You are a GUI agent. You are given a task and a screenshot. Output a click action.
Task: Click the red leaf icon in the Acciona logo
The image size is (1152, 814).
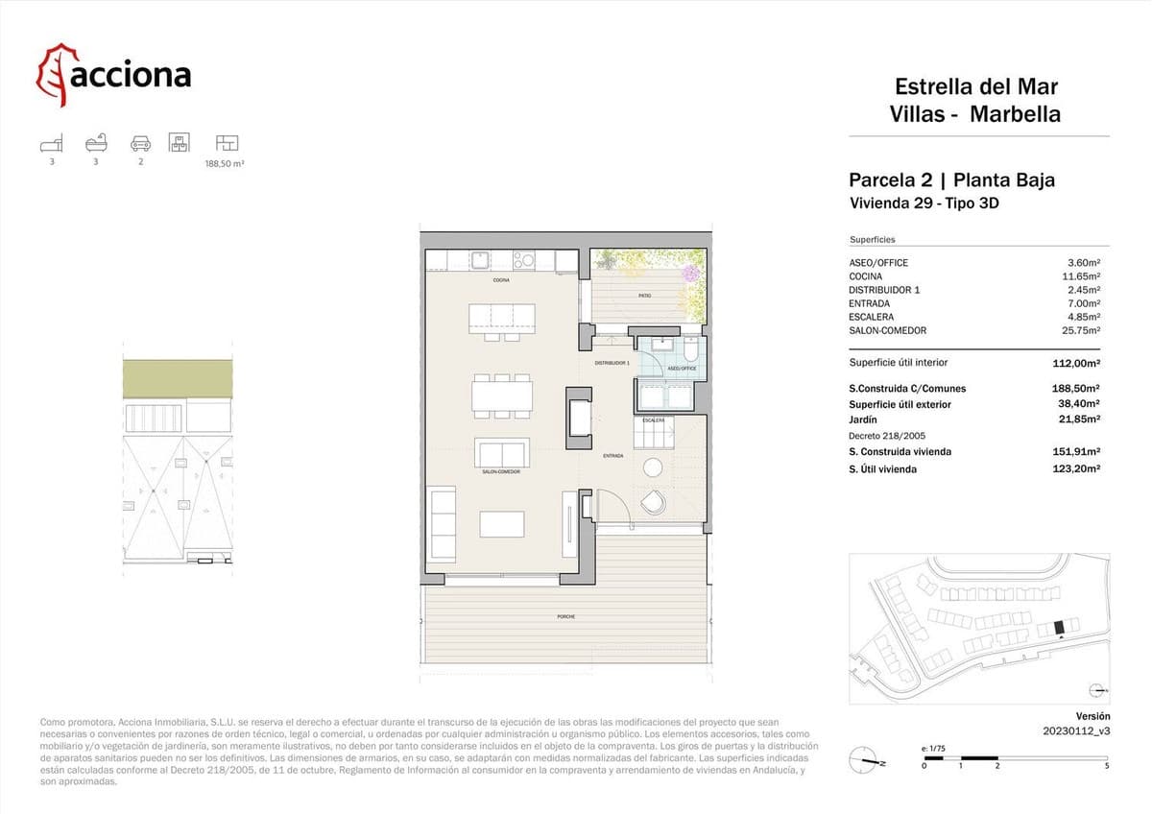(x=55, y=75)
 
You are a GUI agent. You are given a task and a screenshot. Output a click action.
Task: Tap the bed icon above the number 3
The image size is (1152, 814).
(x=52, y=144)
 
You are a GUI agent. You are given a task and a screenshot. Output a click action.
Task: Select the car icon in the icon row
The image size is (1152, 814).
(x=140, y=144)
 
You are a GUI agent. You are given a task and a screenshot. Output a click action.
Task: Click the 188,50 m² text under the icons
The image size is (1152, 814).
(x=225, y=164)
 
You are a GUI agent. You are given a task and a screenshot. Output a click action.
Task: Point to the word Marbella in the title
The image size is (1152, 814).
(x=1015, y=114)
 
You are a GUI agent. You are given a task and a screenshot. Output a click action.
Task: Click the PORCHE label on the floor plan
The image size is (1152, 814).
(x=565, y=616)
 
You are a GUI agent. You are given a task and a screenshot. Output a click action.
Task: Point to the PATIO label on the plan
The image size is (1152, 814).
(x=645, y=296)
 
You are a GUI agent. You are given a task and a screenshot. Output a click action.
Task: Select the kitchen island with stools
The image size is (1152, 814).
(x=501, y=317)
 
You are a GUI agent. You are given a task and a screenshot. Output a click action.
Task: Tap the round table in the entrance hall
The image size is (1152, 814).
(x=653, y=467)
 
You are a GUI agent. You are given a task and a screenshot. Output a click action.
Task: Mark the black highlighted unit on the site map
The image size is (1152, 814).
(x=1060, y=627)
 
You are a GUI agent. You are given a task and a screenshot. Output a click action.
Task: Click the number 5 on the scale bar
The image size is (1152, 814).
(x=1107, y=765)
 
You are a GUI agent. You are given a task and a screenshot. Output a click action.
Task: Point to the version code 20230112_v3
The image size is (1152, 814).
(x=1076, y=730)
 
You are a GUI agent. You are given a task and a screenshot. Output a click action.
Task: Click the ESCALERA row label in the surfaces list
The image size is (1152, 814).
(x=871, y=317)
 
